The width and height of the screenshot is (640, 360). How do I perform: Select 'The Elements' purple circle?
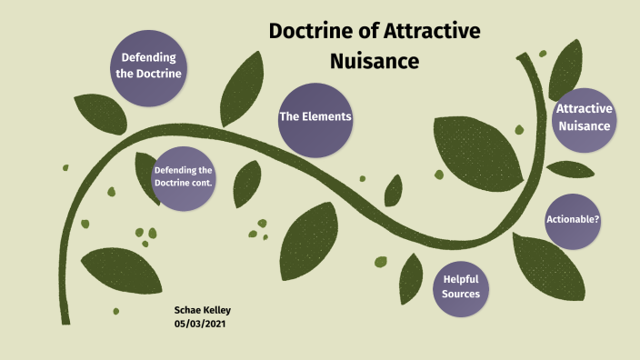pyautogui.click(x=315, y=118)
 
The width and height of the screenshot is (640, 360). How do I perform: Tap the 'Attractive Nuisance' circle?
pyautogui.click(x=584, y=118)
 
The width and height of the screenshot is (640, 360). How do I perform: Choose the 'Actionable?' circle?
pyautogui.click(x=573, y=220)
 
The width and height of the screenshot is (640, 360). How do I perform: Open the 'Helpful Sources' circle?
pyautogui.click(x=460, y=286)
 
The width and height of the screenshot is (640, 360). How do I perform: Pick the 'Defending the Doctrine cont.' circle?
pyautogui.click(x=184, y=177)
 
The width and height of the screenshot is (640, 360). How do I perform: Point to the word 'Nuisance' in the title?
pyautogui.click(x=374, y=61)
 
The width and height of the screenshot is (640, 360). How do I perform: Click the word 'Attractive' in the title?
pyautogui.click(x=435, y=32)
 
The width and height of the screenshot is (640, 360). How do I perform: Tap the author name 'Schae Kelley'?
pyautogui.click(x=203, y=310)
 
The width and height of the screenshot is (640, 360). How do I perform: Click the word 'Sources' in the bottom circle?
pyautogui.click(x=460, y=294)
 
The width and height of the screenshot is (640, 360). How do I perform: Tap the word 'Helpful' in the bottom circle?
pyautogui.click(x=460, y=278)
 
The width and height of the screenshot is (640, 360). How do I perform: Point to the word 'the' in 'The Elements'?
pyautogui.click(x=289, y=118)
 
